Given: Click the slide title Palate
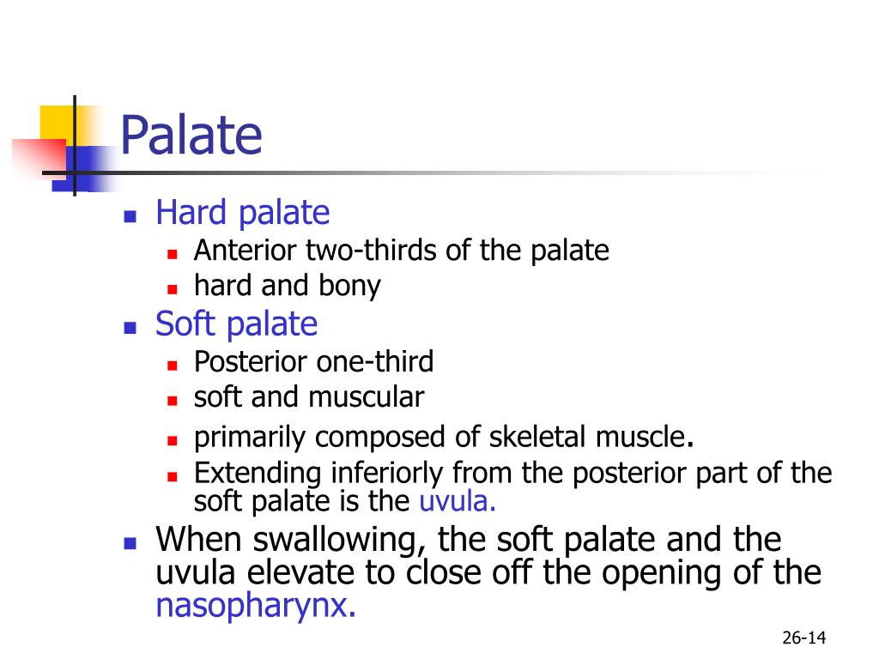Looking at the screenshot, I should point(191,136).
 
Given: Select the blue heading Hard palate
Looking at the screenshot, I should point(242,213).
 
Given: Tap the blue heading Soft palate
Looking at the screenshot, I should point(236,324).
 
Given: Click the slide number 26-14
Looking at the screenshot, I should point(803,638).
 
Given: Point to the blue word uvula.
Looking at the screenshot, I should point(458,501).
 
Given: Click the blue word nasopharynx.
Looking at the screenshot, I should point(255,607).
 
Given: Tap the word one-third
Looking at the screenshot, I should point(375,362).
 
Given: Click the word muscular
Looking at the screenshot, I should point(367,397).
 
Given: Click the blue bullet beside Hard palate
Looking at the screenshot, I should point(130,216).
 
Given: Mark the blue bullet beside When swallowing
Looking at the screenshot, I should point(130,543).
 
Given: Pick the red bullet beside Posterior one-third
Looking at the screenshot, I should point(172,365).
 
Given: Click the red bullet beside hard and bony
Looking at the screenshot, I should point(172,288).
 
